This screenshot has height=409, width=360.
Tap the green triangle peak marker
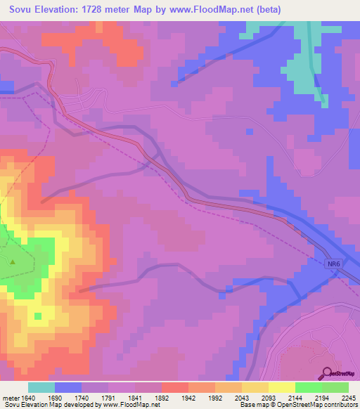click(13, 262)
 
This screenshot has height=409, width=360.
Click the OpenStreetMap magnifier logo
click(327, 373)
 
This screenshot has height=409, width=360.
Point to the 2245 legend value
click(349, 396)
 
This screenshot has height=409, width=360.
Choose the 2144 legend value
click(295, 396)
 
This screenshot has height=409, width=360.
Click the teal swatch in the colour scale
click(41, 387)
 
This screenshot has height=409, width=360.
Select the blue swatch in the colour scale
click(68, 387)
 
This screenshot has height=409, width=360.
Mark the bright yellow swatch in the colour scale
click(282, 387)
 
